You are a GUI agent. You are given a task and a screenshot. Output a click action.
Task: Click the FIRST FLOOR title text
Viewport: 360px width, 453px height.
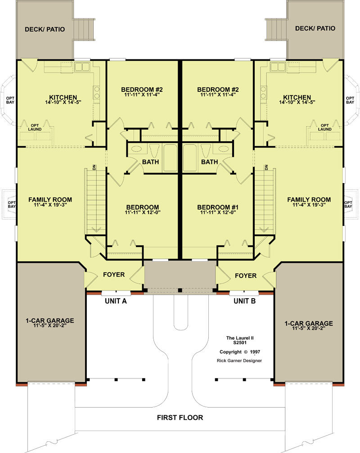point(180,417)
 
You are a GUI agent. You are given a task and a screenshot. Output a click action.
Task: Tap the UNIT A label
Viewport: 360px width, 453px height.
point(116,301)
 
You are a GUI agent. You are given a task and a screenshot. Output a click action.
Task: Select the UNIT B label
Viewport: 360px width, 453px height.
point(244,301)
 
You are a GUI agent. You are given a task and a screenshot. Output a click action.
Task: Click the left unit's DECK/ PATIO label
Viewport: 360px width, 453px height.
point(45,29)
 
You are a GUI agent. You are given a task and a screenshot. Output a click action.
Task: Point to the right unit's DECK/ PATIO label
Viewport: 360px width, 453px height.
point(315,28)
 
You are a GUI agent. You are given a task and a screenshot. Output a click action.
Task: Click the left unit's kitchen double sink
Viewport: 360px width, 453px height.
point(82,67)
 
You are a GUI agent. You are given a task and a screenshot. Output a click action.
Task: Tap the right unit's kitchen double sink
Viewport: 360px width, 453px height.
point(278,67)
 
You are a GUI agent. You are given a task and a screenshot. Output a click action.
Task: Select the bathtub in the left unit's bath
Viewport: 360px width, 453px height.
point(170,158)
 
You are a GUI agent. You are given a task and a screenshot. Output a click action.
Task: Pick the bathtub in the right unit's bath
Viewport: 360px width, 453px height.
point(190,158)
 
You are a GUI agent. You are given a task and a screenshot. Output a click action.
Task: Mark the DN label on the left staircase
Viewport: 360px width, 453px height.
point(94,167)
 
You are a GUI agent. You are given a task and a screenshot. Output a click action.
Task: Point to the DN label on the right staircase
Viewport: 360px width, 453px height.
point(266,167)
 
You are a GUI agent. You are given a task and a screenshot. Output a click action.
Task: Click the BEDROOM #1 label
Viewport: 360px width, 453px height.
point(218,207)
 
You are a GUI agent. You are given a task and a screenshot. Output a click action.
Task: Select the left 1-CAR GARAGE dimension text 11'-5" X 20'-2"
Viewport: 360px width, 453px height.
point(49,325)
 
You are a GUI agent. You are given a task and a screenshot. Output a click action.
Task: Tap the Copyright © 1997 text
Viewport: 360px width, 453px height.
point(240,352)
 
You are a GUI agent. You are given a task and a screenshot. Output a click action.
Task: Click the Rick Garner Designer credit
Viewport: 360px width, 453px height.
point(239,360)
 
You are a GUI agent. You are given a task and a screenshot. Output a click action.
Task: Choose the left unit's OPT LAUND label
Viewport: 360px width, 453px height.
point(34,127)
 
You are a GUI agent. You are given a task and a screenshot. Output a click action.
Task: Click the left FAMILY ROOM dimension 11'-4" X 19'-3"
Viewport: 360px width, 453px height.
point(50,205)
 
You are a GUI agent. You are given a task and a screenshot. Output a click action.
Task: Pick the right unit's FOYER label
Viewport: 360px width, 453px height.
point(246,276)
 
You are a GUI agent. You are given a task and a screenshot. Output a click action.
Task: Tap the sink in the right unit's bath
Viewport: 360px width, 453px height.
point(223,149)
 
